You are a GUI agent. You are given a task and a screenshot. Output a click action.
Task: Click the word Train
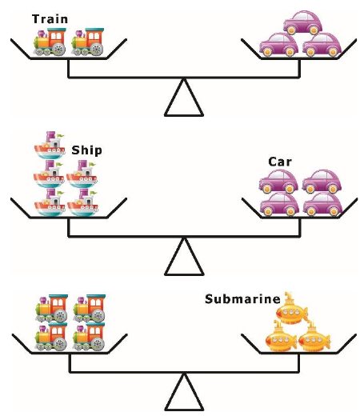click(x=50, y=19)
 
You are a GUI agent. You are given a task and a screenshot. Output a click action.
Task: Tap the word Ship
click(x=86, y=150)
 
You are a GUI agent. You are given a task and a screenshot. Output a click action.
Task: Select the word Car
click(x=280, y=162)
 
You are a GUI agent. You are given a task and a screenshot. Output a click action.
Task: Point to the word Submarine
click(x=242, y=299)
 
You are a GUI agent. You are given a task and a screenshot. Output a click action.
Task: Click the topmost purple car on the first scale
click(x=302, y=22)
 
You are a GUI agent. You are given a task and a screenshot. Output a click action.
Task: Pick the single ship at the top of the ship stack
click(x=50, y=145)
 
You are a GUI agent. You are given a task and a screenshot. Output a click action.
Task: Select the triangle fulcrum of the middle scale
click(x=184, y=257)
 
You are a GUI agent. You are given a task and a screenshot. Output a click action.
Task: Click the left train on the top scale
click(x=50, y=42)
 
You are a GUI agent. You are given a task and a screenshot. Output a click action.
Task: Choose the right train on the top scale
click(x=87, y=42)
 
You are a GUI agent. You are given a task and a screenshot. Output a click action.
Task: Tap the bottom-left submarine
click(x=281, y=337)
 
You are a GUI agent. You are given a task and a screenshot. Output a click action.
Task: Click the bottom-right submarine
click(x=314, y=337)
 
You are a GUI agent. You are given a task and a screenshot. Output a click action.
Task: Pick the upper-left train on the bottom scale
click(x=52, y=308)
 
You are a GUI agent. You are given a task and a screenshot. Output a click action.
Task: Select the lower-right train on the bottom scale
click(x=89, y=337)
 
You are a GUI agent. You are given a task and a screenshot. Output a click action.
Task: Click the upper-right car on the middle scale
click(x=322, y=182)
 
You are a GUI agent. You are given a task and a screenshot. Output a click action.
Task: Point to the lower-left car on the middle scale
click(x=279, y=204)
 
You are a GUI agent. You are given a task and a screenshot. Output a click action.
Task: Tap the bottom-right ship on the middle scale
click(x=82, y=202)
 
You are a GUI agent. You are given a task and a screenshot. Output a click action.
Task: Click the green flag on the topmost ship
click(x=61, y=135)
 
